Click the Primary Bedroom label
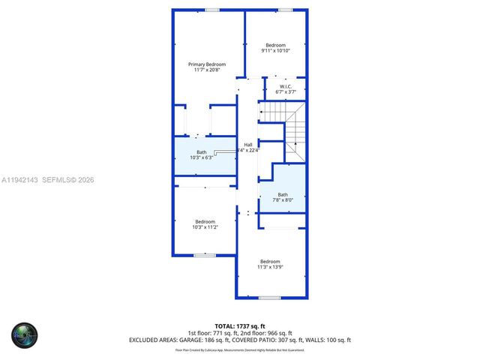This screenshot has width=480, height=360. [x=205, y=64]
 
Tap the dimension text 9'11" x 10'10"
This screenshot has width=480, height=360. [x=275, y=50]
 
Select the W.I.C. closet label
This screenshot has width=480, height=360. [x=285, y=87]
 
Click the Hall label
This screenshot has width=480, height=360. [x=247, y=145]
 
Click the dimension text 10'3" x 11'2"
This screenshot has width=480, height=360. [x=205, y=226]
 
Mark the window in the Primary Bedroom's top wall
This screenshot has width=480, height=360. [x=212, y=10]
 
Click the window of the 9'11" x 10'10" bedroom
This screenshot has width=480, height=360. [x=285, y=10]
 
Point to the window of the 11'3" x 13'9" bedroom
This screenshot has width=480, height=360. [x=269, y=298]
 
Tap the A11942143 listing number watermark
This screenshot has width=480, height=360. [x=20, y=180]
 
